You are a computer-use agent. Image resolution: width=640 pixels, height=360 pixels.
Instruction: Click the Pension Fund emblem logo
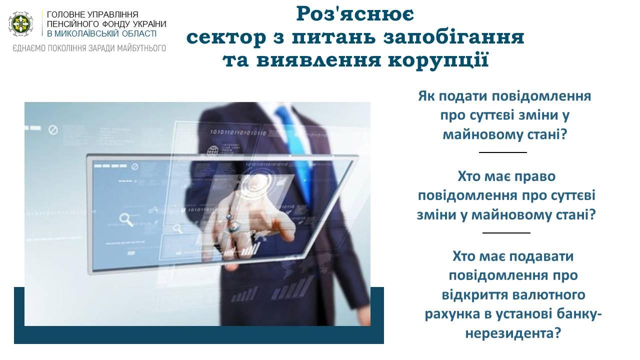20,24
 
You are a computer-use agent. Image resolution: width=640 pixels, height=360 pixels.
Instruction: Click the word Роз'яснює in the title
355,14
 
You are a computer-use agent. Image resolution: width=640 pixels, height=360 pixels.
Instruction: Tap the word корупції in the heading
438,60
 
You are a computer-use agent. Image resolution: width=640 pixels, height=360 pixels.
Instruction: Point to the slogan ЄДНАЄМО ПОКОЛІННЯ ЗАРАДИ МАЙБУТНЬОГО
89,48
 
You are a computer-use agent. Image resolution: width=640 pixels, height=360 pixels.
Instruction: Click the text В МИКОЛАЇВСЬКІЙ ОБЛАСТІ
101,33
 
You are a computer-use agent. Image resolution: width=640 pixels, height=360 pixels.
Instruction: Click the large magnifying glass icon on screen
126,219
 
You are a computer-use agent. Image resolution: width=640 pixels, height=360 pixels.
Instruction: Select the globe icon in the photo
212,151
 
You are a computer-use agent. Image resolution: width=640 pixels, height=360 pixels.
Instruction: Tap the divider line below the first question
503,152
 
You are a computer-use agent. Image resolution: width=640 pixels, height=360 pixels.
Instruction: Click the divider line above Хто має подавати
506,233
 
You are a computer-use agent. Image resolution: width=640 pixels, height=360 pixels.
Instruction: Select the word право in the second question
535,176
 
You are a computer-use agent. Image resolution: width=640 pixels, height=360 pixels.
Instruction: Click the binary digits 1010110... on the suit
238,133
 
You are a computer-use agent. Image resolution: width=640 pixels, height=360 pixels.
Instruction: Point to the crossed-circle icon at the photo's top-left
53,130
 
